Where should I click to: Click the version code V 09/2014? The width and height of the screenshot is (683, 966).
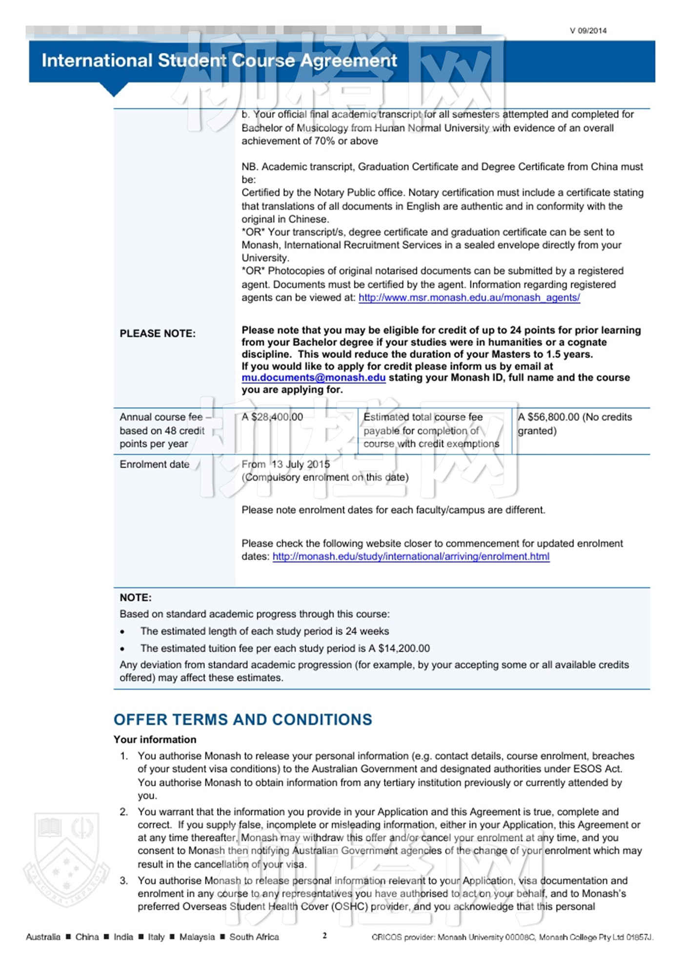click(x=588, y=31)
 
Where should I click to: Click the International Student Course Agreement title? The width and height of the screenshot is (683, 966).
click(x=219, y=60)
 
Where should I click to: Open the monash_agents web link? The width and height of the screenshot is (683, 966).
click(x=469, y=298)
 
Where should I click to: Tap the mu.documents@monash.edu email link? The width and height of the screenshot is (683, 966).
click(x=314, y=378)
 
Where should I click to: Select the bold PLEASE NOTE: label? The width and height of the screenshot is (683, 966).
click(x=158, y=334)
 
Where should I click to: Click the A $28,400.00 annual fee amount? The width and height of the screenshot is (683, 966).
click(x=272, y=417)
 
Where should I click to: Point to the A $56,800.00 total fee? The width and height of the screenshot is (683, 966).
click(x=548, y=417)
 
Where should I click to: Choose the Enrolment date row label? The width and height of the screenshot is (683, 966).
click(x=154, y=464)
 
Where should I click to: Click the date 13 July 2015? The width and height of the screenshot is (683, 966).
click(x=301, y=464)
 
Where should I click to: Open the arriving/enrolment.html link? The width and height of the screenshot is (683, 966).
click(x=411, y=557)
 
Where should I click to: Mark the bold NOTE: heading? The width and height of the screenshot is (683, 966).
click(x=136, y=598)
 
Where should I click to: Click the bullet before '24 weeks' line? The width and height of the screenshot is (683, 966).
click(x=122, y=632)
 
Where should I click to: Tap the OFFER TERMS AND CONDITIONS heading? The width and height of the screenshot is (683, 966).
click(x=242, y=720)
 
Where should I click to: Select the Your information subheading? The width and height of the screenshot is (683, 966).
click(x=155, y=740)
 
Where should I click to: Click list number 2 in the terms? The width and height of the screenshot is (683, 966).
click(x=124, y=812)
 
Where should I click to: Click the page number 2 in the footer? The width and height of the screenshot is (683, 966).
click(x=324, y=935)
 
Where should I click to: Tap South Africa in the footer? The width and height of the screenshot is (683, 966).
click(x=254, y=937)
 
